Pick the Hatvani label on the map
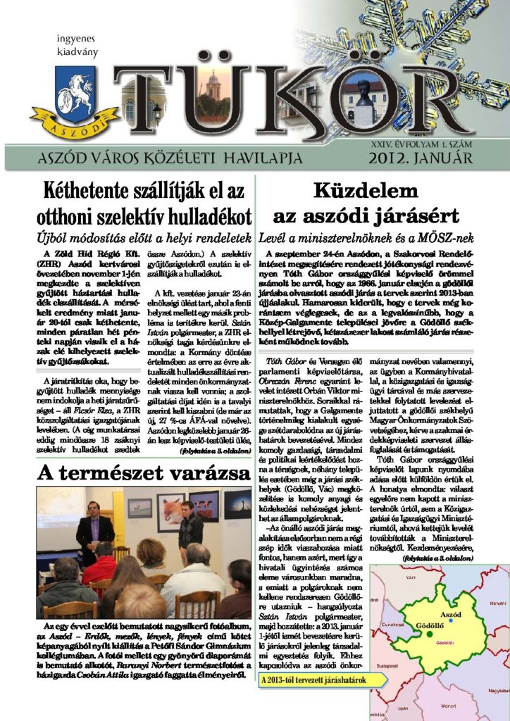pos(498,603)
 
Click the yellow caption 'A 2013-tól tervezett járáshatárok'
pos(322,681)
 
